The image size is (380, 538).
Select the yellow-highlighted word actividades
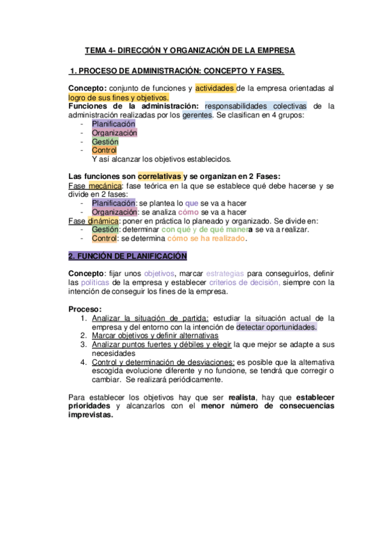click(x=216, y=88)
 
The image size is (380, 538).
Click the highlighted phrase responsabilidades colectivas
click(x=256, y=107)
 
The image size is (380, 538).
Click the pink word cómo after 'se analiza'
click(x=189, y=212)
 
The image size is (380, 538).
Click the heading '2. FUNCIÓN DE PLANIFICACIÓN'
click(x=127, y=256)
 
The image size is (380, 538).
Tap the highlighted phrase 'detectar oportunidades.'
click(x=276, y=327)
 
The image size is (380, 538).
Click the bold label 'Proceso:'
click(x=84, y=309)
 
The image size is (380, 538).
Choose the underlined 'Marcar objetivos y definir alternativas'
click(x=155, y=336)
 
